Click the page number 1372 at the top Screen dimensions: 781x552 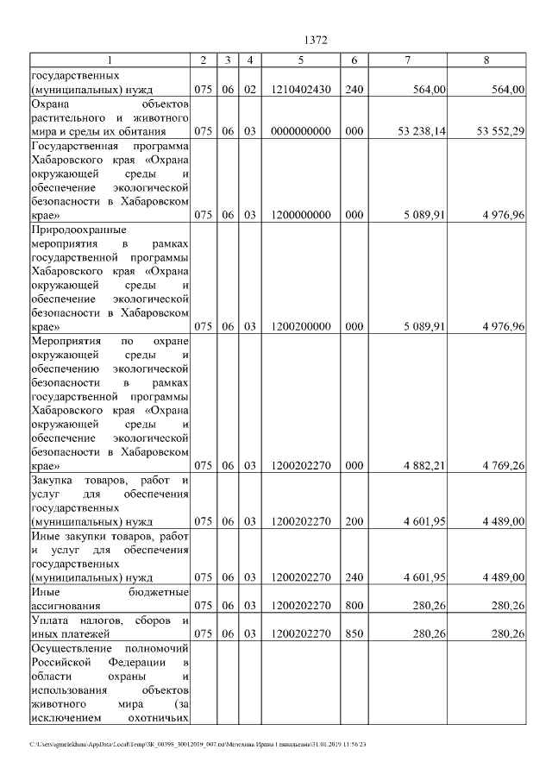click(317, 41)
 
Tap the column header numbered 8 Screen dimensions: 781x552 click(487, 60)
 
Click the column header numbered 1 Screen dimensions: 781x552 click(110, 60)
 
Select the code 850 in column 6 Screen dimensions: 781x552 click(354, 633)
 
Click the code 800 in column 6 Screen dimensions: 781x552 click(354, 606)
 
